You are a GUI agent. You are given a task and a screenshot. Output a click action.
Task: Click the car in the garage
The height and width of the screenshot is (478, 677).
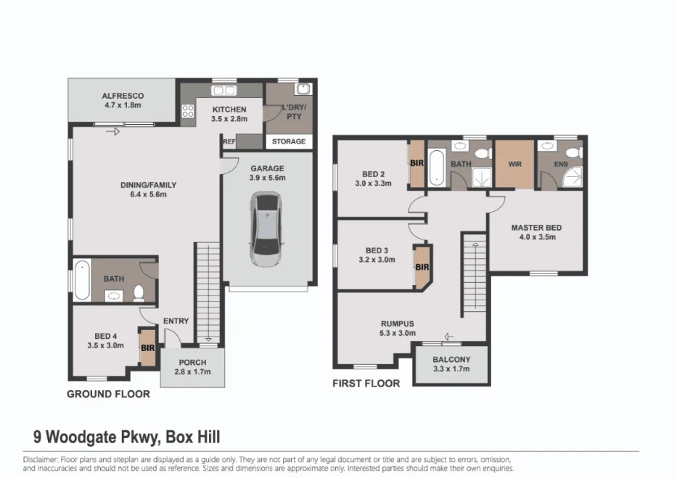266,229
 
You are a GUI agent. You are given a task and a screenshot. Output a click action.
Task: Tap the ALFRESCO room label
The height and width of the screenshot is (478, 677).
123,96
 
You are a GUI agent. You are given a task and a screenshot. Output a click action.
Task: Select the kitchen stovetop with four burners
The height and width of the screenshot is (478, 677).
188,111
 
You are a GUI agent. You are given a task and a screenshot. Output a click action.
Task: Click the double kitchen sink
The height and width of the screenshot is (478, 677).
223,90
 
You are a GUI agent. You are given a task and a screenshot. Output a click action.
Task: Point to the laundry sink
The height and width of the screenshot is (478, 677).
303,89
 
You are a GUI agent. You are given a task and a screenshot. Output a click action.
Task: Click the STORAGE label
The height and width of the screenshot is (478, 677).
289,141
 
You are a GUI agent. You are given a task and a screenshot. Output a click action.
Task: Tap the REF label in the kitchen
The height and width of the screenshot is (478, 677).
229,141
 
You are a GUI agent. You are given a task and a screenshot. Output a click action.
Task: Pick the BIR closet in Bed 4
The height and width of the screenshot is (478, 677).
147,347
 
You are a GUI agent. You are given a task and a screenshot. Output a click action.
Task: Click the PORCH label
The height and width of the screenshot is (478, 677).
192,363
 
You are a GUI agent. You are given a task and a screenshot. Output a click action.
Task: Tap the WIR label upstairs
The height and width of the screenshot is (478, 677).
515,164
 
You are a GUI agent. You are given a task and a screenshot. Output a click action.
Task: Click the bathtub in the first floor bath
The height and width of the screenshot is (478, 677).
437,168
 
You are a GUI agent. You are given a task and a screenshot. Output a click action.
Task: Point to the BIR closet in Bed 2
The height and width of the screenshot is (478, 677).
417,163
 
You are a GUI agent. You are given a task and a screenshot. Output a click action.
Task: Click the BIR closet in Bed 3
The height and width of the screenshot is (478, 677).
422,268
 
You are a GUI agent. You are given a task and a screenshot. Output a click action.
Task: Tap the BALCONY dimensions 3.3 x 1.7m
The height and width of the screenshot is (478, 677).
451,369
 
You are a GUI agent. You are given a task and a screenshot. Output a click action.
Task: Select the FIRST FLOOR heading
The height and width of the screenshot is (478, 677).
366,383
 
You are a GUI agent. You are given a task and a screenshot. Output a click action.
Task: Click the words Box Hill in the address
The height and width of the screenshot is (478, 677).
193,437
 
